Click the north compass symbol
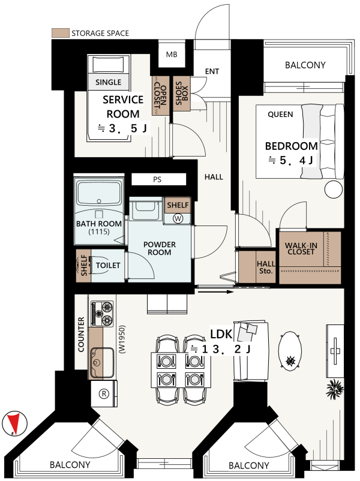(x=14, y=423)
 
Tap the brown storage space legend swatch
(x=60, y=33)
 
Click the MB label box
(x=172, y=55)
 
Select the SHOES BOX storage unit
(x=181, y=93)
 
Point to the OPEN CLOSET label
(x=160, y=95)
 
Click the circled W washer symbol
(x=178, y=218)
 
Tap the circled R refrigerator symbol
(x=104, y=393)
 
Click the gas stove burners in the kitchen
(x=102, y=314)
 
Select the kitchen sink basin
(x=102, y=363)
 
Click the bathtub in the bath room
(x=99, y=193)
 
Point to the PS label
(x=157, y=179)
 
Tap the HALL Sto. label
(x=266, y=267)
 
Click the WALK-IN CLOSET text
(x=301, y=249)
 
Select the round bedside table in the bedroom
(x=333, y=190)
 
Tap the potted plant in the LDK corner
(x=335, y=389)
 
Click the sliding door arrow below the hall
(x=216, y=291)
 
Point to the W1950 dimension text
(x=122, y=339)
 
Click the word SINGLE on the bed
(x=109, y=82)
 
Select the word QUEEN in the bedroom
(x=280, y=115)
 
